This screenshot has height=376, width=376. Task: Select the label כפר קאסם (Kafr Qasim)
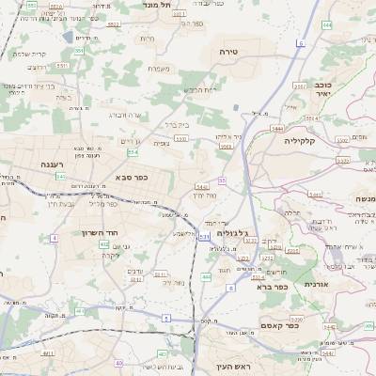279,327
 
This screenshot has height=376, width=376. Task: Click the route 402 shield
104,244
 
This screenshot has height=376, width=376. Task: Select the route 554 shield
133,151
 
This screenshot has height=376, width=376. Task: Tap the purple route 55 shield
222,180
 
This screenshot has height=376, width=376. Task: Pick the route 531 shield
203,237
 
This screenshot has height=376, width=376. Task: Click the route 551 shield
80,50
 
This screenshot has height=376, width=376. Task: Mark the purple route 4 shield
55,238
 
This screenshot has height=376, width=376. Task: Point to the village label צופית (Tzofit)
161,145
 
